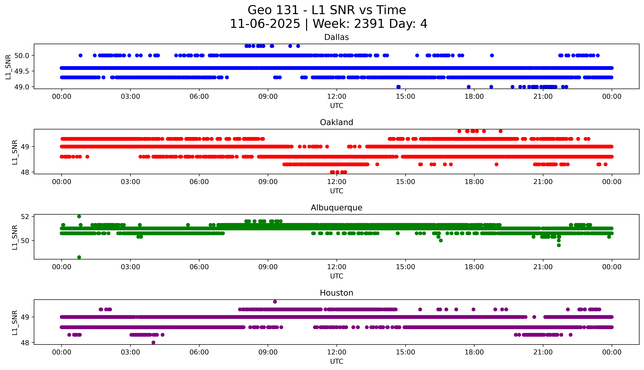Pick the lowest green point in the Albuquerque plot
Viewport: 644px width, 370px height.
(79, 257)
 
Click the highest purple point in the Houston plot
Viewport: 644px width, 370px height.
(275, 302)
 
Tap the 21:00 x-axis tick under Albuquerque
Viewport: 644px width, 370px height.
(543, 267)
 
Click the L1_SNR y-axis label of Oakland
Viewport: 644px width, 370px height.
(15, 152)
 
